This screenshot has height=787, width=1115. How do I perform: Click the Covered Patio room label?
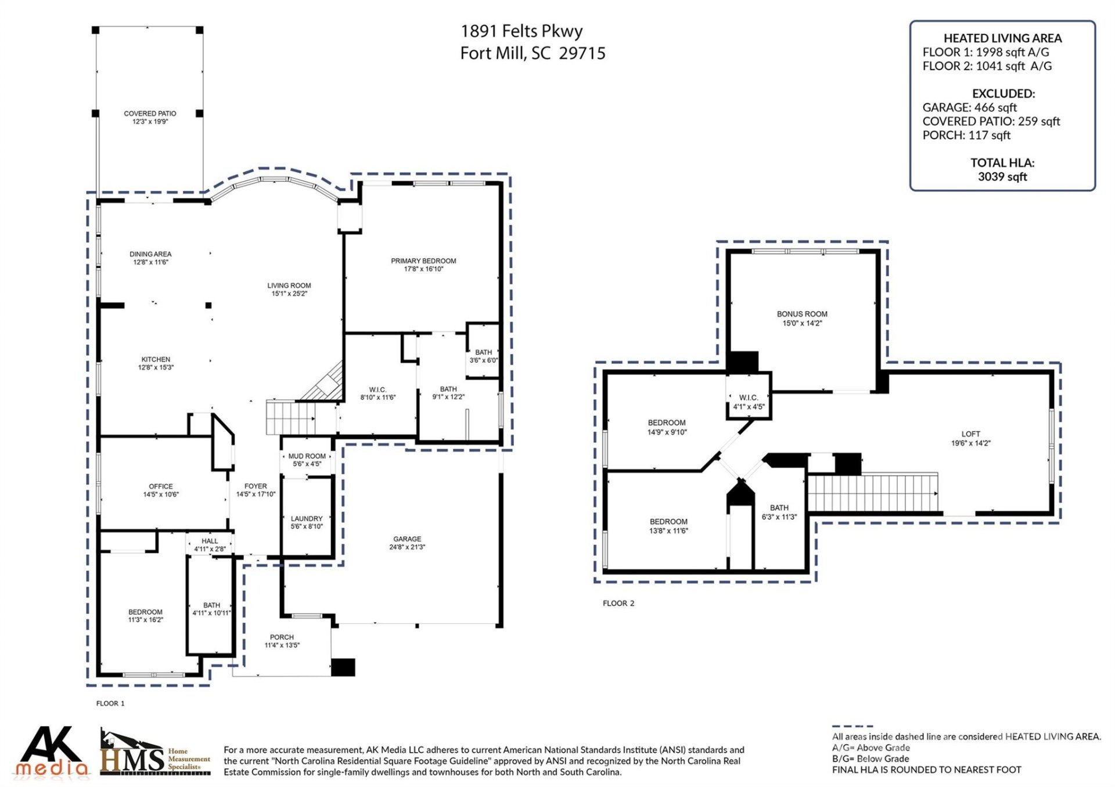click(150, 114)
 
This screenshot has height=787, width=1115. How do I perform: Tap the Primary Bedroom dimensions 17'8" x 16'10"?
click(423, 269)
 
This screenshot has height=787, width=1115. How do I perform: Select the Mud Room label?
click(307, 456)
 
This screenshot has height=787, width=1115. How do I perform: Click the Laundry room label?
click(307, 519)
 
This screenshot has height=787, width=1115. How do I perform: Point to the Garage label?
click(407, 539)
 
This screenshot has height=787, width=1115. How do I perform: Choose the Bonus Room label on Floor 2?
click(802, 314)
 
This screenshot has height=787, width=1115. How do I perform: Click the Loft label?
click(970, 434)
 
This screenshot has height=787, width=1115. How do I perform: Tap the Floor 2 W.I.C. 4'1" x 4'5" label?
click(749, 402)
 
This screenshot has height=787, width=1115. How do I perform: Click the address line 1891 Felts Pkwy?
click(521, 31)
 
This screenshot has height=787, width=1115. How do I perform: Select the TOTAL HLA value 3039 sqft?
click(1002, 177)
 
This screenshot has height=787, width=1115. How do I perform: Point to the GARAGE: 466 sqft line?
click(969, 107)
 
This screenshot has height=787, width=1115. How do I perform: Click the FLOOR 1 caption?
click(110, 703)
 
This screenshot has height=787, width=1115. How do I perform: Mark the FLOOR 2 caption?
click(618, 604)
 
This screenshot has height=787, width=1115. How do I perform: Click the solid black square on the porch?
click(343, 667)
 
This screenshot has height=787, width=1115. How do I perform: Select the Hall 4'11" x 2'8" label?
click(210, 545)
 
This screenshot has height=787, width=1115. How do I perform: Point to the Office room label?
click(161, 487)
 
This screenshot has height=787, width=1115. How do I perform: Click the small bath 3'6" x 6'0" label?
click(483, 356)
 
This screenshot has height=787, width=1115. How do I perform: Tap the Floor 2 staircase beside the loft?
click(871, 493)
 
